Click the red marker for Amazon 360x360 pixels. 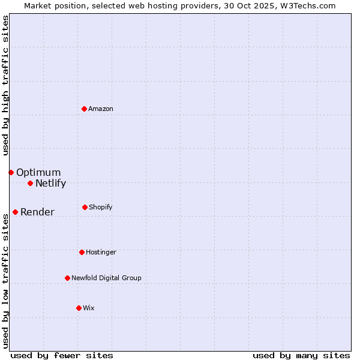(x=85, y=109)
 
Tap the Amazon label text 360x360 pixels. (x=101, y=109)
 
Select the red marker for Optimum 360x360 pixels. (x=11, y=172)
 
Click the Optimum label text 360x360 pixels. (x=38, y=173)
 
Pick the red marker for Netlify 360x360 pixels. (x=30, y=183)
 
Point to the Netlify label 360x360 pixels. (x=50, y=184)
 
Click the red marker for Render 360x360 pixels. (x=15, y=212)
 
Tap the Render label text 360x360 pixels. (x=37, y=212)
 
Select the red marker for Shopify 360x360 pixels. (x=85, y=207)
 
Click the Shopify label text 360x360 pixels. (x=101, y=208)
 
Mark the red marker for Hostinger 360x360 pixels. (x=82, y=252)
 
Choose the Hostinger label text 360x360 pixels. (x=101, y=253)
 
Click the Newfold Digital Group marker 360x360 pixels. (x=67, y=278)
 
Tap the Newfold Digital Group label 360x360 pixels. (x=106, y=278)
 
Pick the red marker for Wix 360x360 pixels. (x=79, y=308)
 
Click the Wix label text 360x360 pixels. (x=89, y=308)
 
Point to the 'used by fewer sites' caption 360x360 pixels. (x=62, y=355)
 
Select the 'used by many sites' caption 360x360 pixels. (x=301, y=355)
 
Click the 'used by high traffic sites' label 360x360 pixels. (x=5, y=85)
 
